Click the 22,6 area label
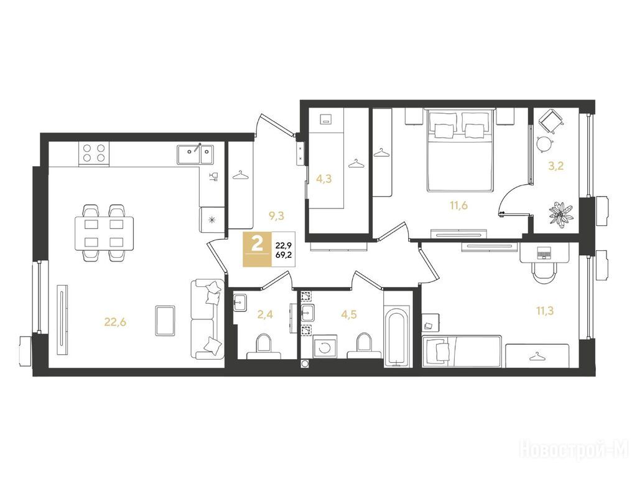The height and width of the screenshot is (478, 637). tap(115, 322)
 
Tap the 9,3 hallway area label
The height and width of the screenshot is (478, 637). tap(276, 216)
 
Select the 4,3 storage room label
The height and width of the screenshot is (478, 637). tap(323, 179)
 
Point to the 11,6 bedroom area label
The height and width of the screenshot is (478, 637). tap(458, 205)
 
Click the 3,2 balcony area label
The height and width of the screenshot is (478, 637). tap(556, 166)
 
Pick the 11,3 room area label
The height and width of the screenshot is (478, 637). tap(545, 311)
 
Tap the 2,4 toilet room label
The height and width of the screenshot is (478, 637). tap(264, 314)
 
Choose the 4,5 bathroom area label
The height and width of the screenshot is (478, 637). tap(348, 314)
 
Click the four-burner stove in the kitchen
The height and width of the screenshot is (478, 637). tap(95, 154)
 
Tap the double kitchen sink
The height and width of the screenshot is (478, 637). tap(195, 154)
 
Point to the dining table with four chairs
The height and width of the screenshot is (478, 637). tap(104, 233)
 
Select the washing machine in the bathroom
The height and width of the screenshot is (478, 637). tap(325, 347)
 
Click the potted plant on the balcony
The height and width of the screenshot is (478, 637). tap(562, 213)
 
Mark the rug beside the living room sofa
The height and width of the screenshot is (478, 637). tap(165, 321)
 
